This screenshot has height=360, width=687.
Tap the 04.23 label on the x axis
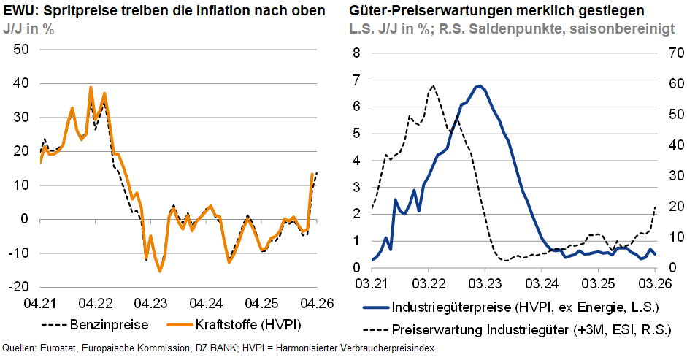click(150, 302)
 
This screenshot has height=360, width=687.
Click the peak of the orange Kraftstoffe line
click(91, 88)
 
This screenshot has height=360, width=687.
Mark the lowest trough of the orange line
click(160, 271)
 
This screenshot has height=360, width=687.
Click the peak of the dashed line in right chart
click(433, 85)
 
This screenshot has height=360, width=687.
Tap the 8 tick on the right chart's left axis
click(357, 53)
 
